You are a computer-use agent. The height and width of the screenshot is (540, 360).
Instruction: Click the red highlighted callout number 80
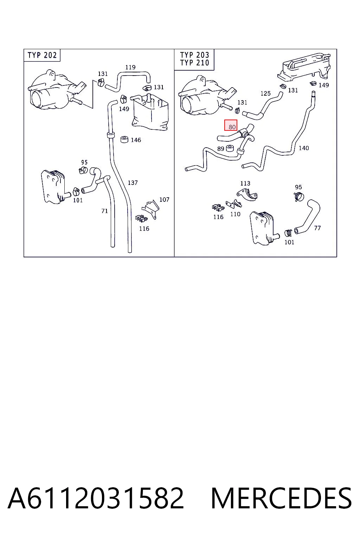point(231,125)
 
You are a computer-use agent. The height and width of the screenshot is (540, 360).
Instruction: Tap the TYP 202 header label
point(42,55)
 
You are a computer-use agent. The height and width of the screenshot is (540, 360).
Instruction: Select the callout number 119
point(130,67)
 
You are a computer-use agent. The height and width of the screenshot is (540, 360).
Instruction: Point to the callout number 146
point(136,140)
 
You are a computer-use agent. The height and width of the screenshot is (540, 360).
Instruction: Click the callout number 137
point(133,183)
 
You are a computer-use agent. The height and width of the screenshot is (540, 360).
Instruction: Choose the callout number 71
point(105,211)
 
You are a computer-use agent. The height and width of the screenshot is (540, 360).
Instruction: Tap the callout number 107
point(164,200)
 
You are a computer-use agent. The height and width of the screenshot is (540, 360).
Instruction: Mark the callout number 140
point(304,148)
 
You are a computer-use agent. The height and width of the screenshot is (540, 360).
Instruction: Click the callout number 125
point(265,93)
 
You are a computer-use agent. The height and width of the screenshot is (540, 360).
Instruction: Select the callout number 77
point(317,228)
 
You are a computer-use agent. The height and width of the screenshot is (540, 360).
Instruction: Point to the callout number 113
point(245,183)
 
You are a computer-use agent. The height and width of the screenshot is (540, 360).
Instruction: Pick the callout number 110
point(235,214)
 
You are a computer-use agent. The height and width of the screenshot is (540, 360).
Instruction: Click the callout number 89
point(221,149)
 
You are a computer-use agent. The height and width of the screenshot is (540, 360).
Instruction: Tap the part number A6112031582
point(96,498)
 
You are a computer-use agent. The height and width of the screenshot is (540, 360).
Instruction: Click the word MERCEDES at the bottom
point(281,498)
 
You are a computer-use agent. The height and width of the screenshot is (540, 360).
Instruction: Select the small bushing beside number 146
point(124,140)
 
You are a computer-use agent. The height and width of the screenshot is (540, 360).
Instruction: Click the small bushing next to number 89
point(230,148)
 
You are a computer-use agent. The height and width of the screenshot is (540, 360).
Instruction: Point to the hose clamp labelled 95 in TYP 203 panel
point(299,197)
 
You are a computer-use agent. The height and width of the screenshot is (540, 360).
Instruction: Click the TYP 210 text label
point(195,63)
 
